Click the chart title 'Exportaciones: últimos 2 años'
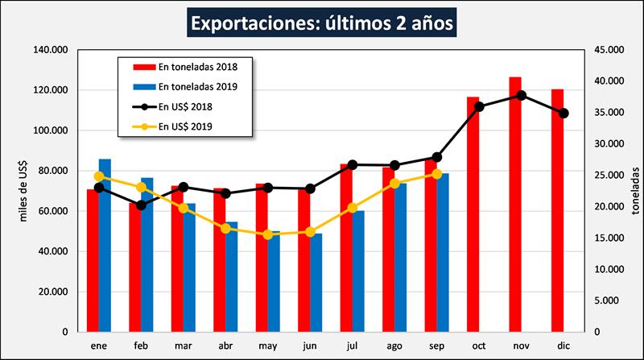323,23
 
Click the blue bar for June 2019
316,283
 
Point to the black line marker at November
522,95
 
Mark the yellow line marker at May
268,234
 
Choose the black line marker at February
142,205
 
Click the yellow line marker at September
437,173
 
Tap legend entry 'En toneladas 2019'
192,86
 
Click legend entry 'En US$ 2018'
185,106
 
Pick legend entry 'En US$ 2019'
185,126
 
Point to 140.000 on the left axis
50,50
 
